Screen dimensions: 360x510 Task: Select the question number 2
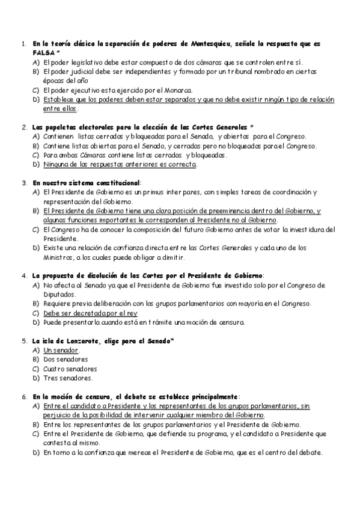tap(22, 127)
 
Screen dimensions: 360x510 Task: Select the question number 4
tap(22, 275)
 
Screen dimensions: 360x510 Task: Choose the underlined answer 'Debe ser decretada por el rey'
tap(90, 313)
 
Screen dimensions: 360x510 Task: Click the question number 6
tap(22, 397)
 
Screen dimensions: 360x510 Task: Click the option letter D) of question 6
tap(36, 452)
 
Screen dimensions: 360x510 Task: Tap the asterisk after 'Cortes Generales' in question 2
tap(251, 127)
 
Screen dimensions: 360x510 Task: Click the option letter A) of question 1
tap(36, 62)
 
